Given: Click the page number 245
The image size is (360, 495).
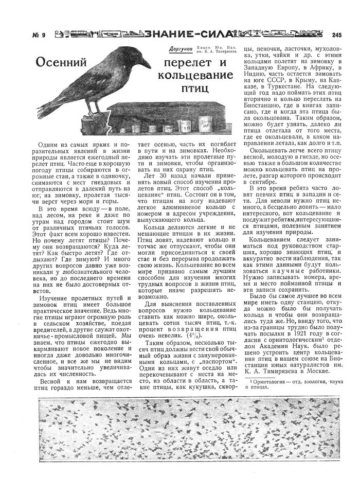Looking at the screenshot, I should (337, 35).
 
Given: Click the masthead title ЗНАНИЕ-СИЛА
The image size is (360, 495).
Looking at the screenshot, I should (187, 34).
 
